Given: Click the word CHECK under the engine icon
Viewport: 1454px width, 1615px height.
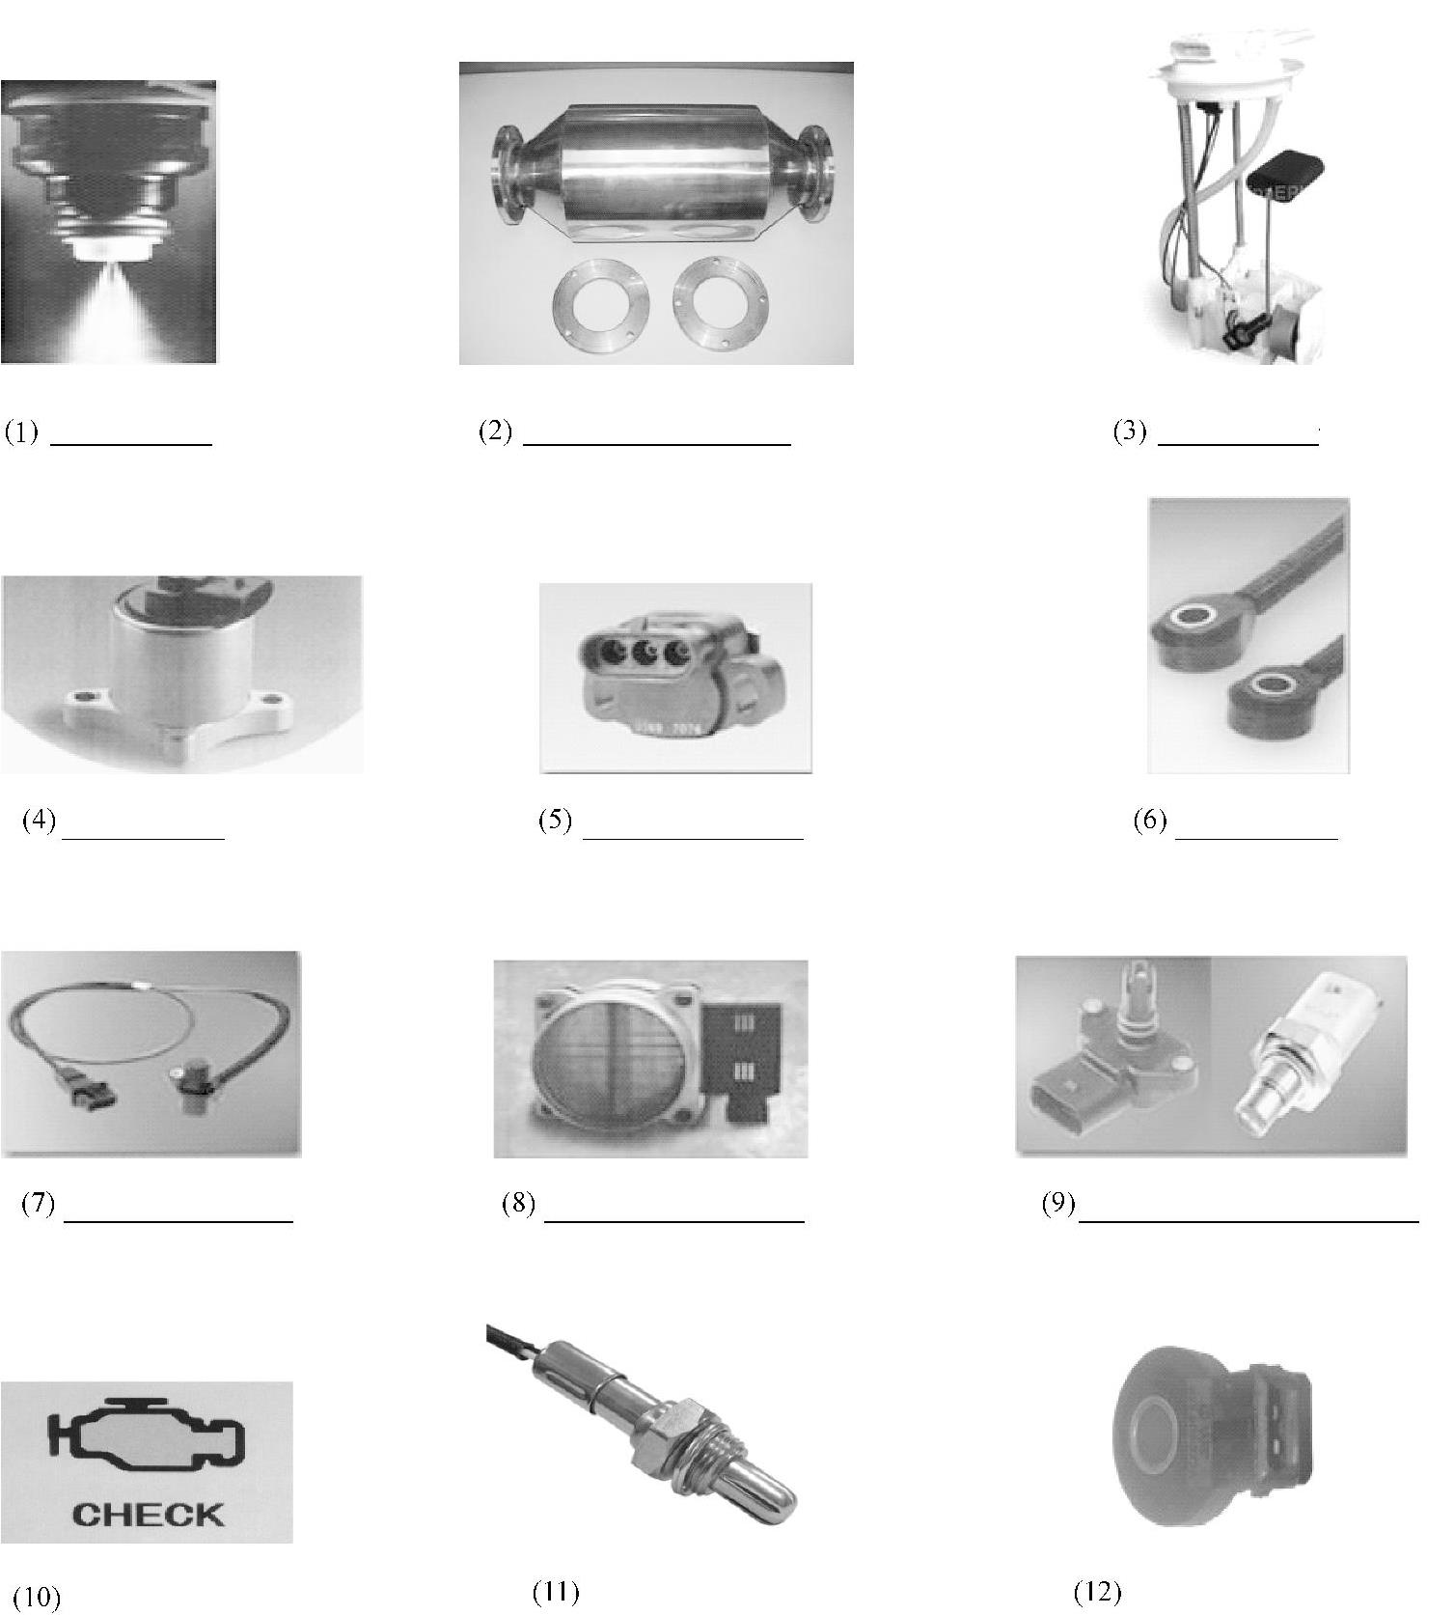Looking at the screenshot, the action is click(148, 1514).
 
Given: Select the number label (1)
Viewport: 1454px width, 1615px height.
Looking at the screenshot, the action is click(21, 432).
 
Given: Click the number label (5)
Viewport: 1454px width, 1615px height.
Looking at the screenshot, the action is click(555, 821).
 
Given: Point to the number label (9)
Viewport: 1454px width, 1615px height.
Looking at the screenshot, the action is click(1058, 1203).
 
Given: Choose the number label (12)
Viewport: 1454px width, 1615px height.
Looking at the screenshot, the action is click(1097, 1591).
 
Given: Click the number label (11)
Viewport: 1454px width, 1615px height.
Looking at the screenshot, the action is click(556, 1591).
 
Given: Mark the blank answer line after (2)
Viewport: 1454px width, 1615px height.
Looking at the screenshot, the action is click(657, 444).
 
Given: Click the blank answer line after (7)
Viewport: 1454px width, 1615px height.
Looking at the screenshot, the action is click(178, 1222).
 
